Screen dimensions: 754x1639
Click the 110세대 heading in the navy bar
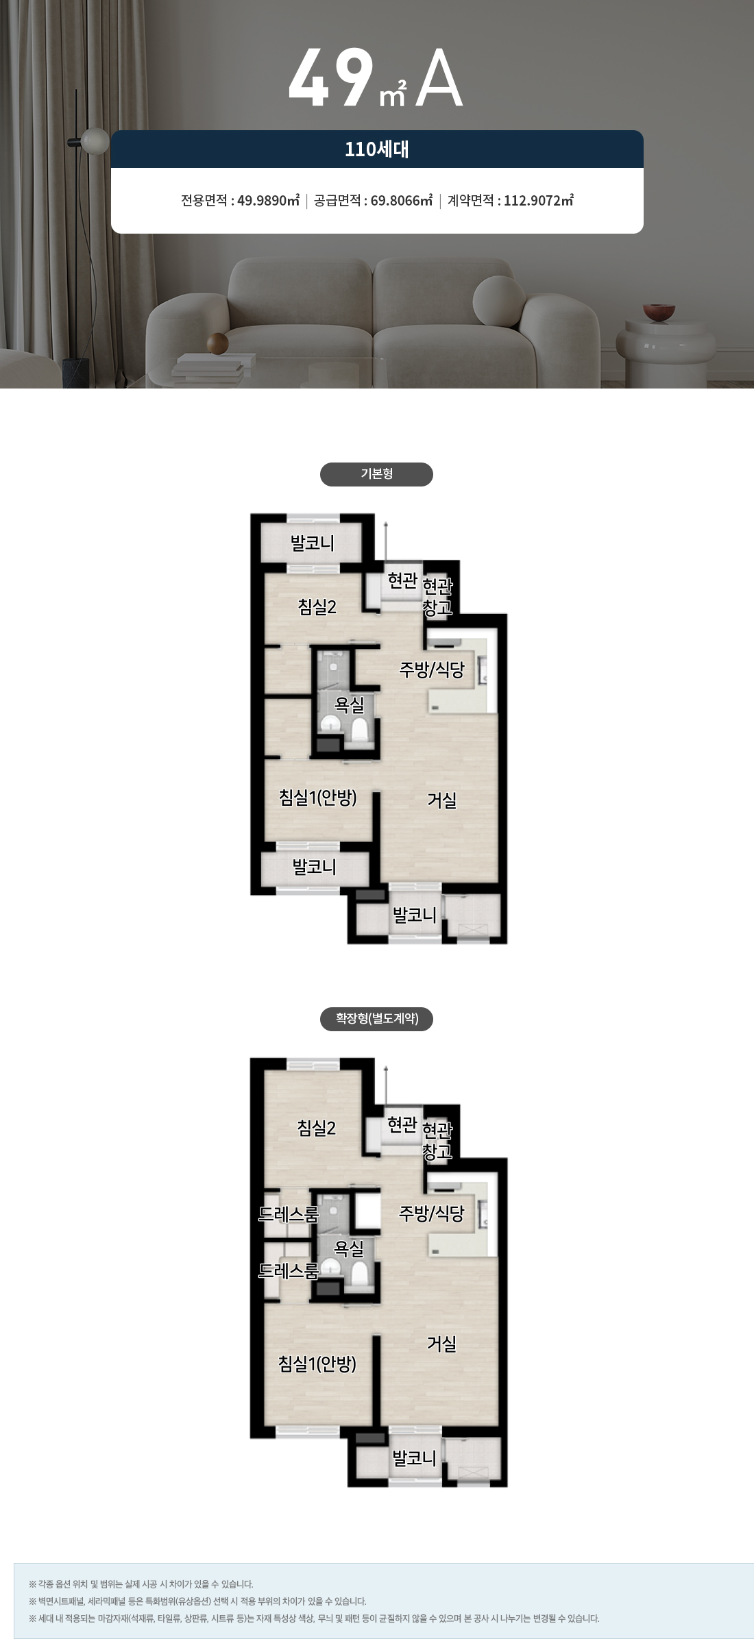pos(376,149)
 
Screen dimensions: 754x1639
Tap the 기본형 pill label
pos(376,474)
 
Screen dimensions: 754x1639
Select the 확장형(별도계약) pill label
pos(376,1019)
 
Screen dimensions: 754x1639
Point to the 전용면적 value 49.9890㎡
pos(268,200)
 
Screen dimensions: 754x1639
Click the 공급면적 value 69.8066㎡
pos(402,200)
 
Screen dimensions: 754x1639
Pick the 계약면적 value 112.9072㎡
pos(539,200)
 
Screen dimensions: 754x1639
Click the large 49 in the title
pos(331,77)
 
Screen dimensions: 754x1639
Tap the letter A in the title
pos(439,77)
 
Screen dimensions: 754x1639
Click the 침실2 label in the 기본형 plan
pos(317,607)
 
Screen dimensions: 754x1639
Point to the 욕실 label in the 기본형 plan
pos(349,704)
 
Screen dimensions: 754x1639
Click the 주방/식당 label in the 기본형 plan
pos(432,669)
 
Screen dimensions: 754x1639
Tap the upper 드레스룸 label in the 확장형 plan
pos(289,1214)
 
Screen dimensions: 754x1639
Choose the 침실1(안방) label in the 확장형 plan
pos(317,1364)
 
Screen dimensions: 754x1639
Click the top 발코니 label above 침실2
pos(313,544)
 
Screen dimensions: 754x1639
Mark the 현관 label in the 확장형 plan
pos(402,1124)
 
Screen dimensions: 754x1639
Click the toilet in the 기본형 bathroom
pos(360,730)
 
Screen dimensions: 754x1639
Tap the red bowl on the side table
pos(659,312)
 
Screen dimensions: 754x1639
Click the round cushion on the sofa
pos(498,300)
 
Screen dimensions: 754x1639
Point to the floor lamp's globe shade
pos(95,140)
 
